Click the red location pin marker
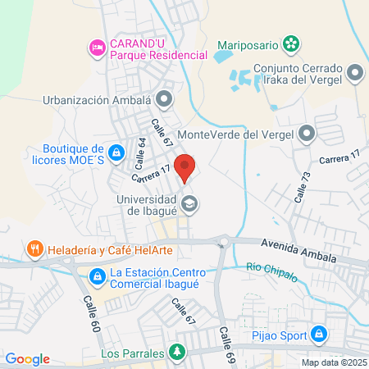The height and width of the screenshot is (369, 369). tap(185, 166)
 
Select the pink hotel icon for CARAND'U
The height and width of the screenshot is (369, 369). tap(98, 48)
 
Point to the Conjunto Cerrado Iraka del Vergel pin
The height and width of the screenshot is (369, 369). tap(355, 74)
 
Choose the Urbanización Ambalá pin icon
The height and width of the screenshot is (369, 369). tap(164, 101)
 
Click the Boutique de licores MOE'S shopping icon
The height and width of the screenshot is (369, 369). tap(117, 153)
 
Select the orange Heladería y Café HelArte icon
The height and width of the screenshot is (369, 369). tap(34, 248)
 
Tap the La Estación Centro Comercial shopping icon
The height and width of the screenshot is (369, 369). tap(97, 276)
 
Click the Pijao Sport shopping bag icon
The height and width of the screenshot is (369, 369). tap(320, 335)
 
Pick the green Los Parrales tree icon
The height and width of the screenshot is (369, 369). tap(175, 353)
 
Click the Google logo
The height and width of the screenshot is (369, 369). tap(27, 358)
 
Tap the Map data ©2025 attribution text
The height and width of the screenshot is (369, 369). tap(334, 362)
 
